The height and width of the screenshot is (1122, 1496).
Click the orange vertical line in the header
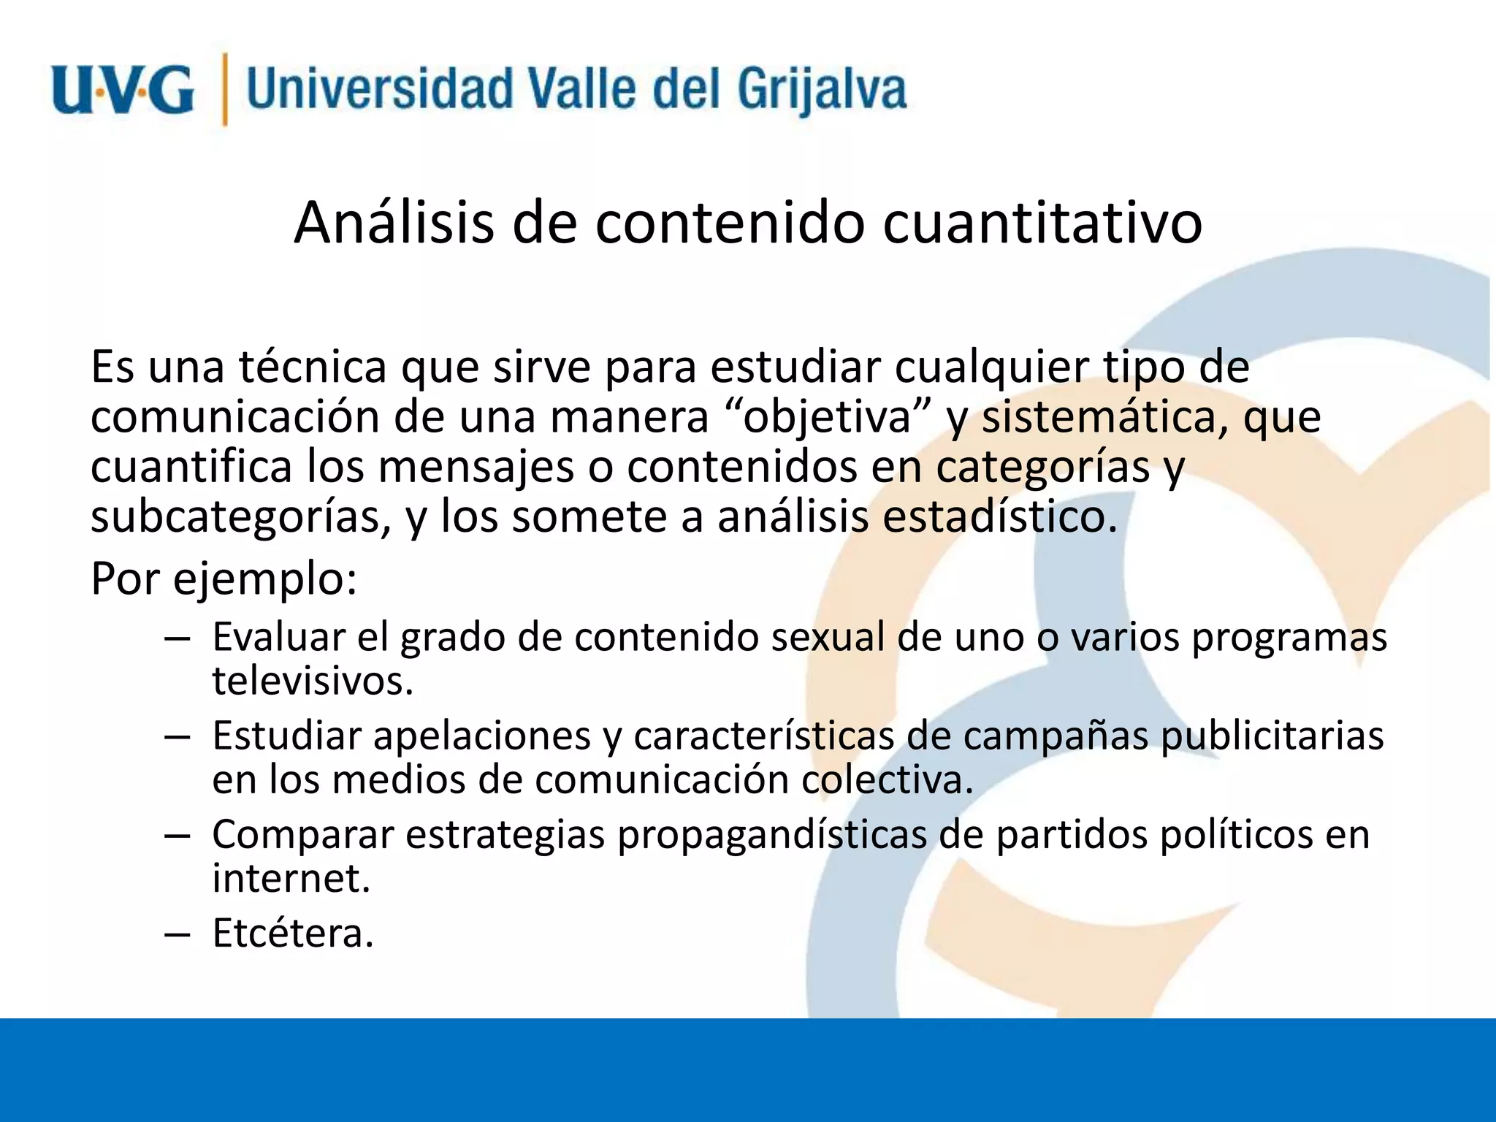pos(225,89)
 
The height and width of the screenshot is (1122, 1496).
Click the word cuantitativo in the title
pos(1042,223)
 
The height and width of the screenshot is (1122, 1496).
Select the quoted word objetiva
pos(830,417)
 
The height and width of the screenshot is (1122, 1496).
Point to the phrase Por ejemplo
pos(224,579)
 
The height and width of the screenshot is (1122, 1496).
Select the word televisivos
pos(313,681)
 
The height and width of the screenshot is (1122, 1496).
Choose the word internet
pos(291,878)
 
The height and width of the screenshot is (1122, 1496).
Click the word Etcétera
pos(293,934)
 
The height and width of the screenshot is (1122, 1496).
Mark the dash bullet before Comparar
pos(178,835)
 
